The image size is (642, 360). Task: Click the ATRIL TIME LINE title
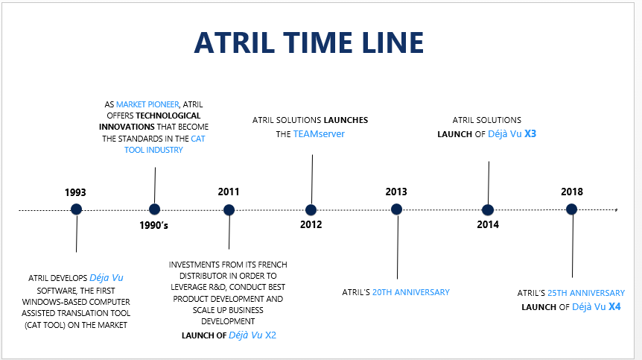click(x=309, y=42)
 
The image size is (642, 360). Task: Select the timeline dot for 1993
click(x=76, y=209)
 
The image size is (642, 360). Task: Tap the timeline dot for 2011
click(x=229, y=210)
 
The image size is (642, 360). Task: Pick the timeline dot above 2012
click(x=311, y=210)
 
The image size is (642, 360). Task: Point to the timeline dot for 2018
click(x=571, y=209)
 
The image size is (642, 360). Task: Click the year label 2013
click(x=396, y=192)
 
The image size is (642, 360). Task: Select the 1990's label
click(x=153, y=225)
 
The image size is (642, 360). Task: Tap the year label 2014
click(x=488, y=224)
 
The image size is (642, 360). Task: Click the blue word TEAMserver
click(x=319, y=134)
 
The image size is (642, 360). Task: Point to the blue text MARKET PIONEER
click(x=147, y=104)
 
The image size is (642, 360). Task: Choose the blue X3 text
click(x=530, y=134)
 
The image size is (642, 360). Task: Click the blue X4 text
click(x=614, y=307)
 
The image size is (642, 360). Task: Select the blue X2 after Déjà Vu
click(x=270, y=335)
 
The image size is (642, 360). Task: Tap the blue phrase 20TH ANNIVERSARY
click(x=410, y=292)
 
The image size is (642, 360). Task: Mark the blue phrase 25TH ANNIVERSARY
click(x=586, y=293)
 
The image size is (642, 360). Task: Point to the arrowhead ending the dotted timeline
click(x=616, y=209)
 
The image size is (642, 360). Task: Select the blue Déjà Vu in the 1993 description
click(x=107, y=278)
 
